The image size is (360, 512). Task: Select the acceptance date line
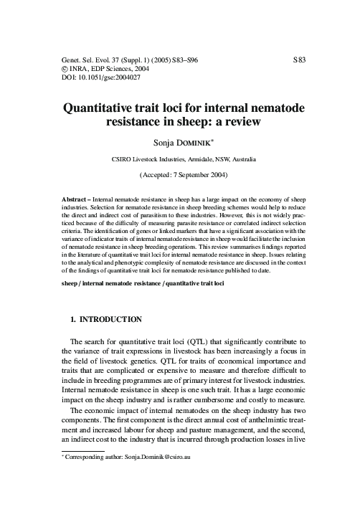pyautogui.click(x=179, y=174)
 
